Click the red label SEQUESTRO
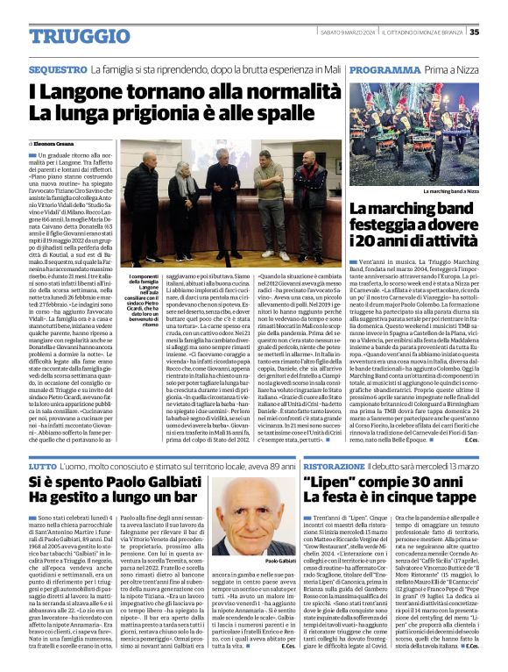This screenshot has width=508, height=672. click(x=56, y=68)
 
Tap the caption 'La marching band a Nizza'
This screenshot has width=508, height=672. click(x=450, y=190)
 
